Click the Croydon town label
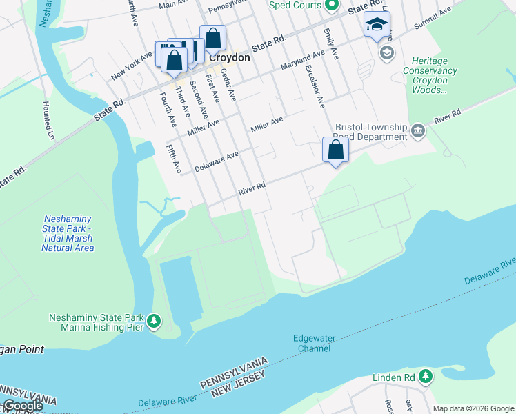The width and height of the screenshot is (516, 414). coord(229,58)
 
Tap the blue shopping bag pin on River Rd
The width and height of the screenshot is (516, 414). coord(335,150)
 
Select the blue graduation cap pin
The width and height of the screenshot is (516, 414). coord(375,26)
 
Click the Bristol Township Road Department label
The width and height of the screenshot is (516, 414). coord(371,132)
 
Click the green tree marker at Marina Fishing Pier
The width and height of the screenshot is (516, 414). coord(153,322)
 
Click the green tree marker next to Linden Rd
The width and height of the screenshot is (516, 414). coord(426,377)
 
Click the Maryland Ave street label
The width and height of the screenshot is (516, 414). coord(302,61)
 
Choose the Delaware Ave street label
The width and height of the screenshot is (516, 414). coord(216,162)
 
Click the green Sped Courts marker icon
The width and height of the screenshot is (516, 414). coord(331,6)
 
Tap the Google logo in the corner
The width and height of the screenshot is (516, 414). coord(23,406)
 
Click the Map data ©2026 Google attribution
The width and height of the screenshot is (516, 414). coord(473,408)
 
